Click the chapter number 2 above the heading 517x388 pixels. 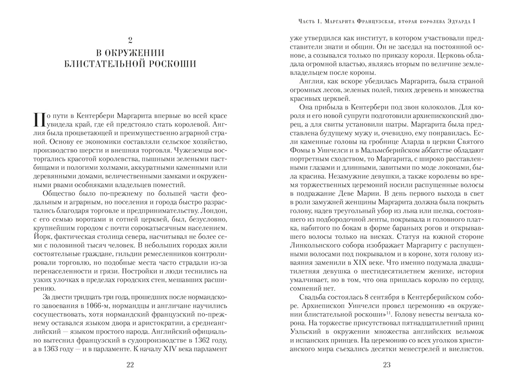pos(130,41)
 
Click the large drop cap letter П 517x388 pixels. pos(39,122)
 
